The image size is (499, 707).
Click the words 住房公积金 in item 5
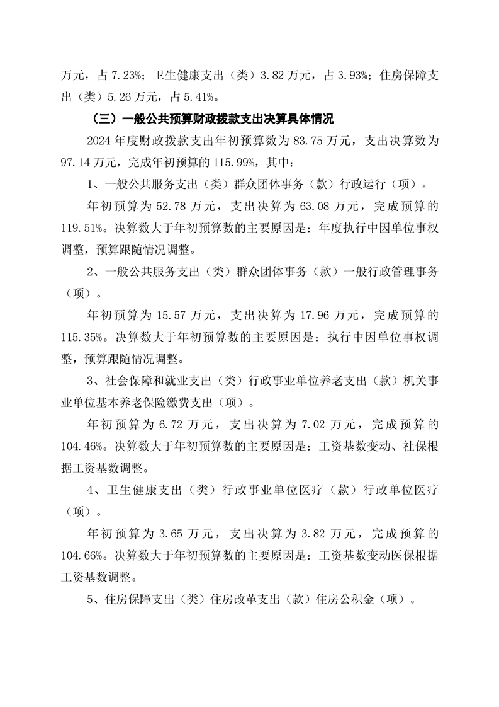(352, 600)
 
